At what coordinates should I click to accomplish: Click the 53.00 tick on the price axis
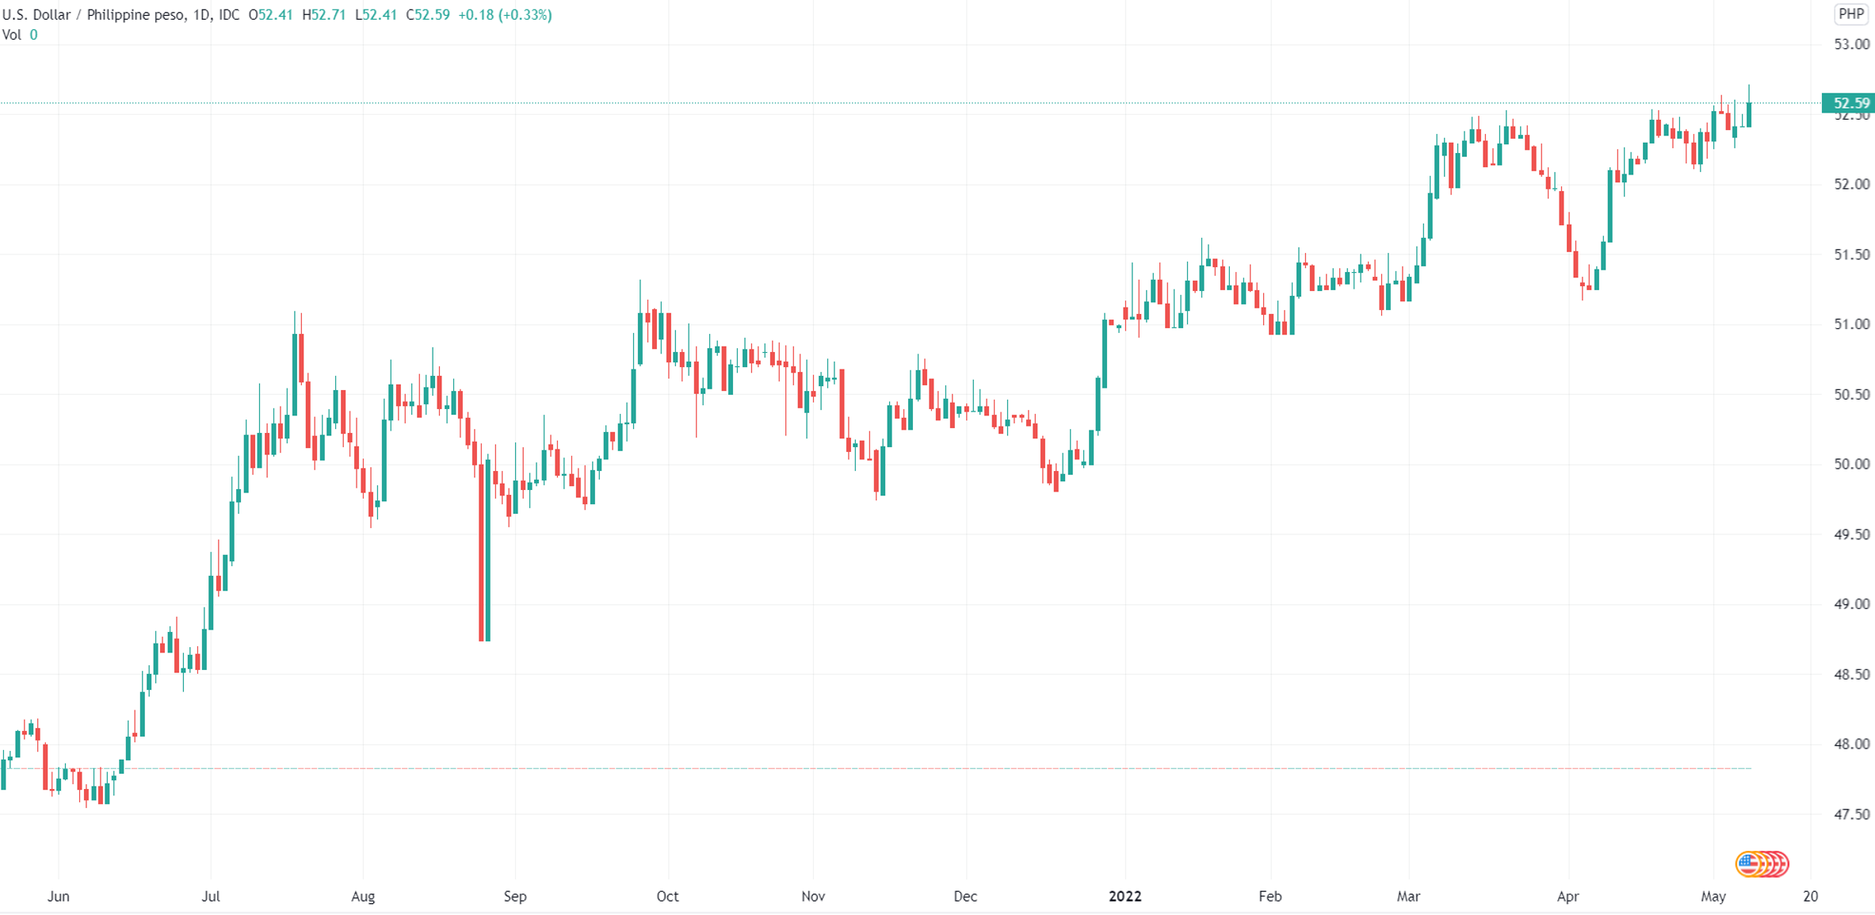pyautogui.click(x=1851, y=44)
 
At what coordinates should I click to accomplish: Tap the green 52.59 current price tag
pyautogui.click(x=1850, y=103)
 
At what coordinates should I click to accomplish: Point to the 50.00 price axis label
pyautogui.click(x=1851, y=464)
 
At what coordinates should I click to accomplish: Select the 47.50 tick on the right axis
pyautogui.click(x=1851, y=814)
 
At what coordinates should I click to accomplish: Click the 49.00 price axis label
pyautogui.click(x=1851, y=604)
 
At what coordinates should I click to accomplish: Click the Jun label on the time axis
pyautogui.click(x=59, y=897)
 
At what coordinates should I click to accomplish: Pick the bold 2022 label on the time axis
pyautogui.click(x=1125, y=897)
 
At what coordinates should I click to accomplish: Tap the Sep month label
pyautogui.click(x=515, y=897)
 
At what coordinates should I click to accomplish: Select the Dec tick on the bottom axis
pyautogui.click(x=965, y=897)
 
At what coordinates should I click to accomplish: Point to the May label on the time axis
pyautogui.click(x=1713, y=897)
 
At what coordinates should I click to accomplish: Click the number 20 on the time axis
pyautogui.click(x=1810, y=897)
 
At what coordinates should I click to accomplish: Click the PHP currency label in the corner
pyautogui.click(x=1850, y=13)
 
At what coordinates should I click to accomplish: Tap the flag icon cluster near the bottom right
pyautogui.click(x=1762, y=863)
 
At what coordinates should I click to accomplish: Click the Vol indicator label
pyautogui.click(x=12, y=35)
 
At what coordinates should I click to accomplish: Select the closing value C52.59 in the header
pyautogui.click(x=428, y=15)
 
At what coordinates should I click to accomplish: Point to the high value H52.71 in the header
pyautogui.click(x=324, y=15)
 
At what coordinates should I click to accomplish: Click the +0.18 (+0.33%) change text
pyautogui.click(x=505, y=15)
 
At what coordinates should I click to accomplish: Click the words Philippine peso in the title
pyautogui.click(x=135, y=15)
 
